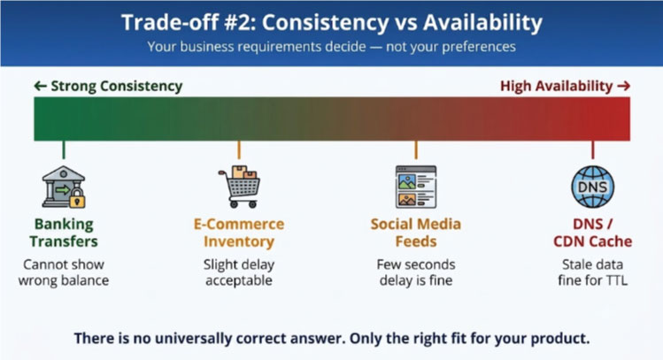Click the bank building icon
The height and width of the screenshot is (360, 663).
64,187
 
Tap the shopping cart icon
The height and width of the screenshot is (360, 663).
239,187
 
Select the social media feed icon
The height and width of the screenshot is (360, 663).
416,187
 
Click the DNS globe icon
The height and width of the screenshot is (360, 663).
593,187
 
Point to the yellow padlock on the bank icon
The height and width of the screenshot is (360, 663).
77,199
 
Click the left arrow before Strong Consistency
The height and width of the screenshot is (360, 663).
40,86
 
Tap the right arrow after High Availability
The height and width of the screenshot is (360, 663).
624,86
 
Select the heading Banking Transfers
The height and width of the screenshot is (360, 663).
64,233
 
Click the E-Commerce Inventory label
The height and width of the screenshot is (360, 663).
239,233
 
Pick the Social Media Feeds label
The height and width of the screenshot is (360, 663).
416,233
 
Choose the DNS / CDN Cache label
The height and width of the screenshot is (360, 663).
593,233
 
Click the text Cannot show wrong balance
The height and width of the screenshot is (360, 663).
64,272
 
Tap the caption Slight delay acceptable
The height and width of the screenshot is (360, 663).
239,272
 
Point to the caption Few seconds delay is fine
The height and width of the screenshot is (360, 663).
416,272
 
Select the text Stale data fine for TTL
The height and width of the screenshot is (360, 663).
593,272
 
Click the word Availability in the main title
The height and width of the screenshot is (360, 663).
483,23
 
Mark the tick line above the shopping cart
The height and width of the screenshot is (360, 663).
239,150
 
